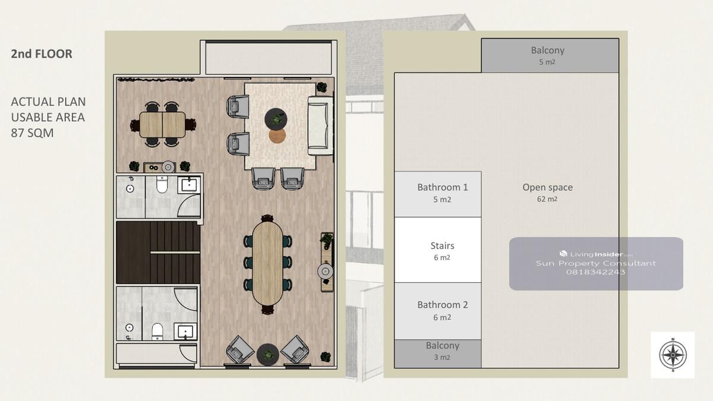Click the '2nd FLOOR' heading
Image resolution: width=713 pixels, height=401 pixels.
click(x=42, y=54)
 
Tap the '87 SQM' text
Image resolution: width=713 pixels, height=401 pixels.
click(x=32, y=133)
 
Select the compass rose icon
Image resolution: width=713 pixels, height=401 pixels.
click(x=673, y=355)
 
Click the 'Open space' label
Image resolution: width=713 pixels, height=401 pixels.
click(x=547, y=187)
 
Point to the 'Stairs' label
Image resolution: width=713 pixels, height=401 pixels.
click(x=442, y=245)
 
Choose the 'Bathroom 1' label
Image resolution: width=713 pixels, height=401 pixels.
click(x=443, y=187)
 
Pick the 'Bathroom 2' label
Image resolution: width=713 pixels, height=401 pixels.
click(x=443, y=305)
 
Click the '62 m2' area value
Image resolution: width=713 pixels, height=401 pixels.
click(x=547, y=199)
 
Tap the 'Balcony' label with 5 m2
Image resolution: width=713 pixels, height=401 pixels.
click(x=547, y=50)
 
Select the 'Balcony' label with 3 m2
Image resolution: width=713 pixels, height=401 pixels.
click(x=443, y=346)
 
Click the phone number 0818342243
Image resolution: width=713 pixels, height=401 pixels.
click(x=595, y=272)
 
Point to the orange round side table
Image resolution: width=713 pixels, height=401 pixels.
click(x=277, y=136)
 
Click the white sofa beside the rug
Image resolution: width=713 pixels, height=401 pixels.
click(x=320, y=125)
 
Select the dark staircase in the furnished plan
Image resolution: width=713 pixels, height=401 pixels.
click(x=158, y=252)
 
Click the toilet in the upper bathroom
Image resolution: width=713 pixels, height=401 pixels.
click(x=162, y=185)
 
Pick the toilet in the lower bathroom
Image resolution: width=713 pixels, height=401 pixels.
click(x=157, y=331)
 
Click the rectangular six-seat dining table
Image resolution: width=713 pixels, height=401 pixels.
click(x=162, y=124)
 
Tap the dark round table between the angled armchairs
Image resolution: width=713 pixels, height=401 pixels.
click(x=268, y=354)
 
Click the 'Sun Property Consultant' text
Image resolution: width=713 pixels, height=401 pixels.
click(x=596, y=263)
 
